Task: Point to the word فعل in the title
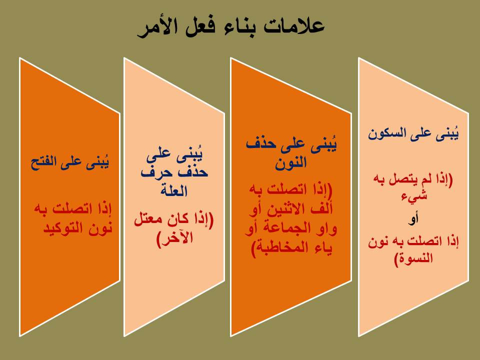point(199,27)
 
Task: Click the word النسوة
point(413,258)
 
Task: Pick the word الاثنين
point(281,209)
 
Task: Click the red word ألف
point(319,209)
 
